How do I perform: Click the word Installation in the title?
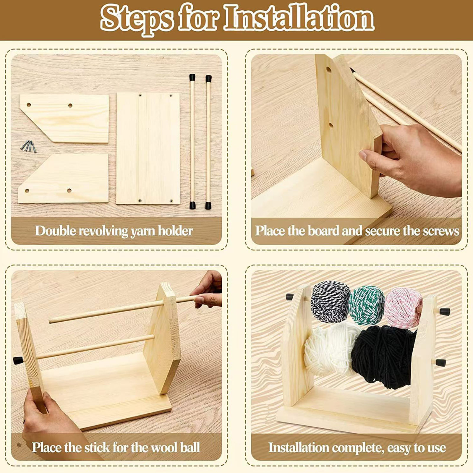pos(299,19)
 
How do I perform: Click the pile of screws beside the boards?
pos(29,146)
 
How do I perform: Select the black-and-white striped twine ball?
pos(331,302)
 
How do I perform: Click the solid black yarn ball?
pos(384,355)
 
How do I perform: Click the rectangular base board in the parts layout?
pos(148,148)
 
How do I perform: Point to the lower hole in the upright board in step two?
pos(331,126)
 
